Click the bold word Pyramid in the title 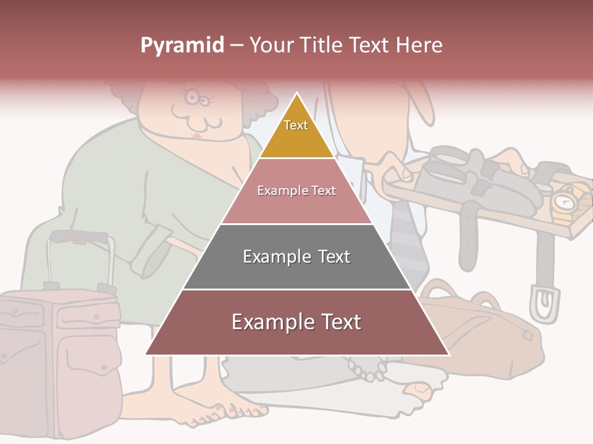point(182,46)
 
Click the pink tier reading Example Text point(296,191)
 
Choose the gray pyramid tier point(296,257)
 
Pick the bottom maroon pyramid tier point(296,323)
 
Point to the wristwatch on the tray point(564,203)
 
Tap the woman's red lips point(197,135)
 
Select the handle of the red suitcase point(80,237)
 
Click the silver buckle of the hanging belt point(543,302)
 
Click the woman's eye point(192,97)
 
